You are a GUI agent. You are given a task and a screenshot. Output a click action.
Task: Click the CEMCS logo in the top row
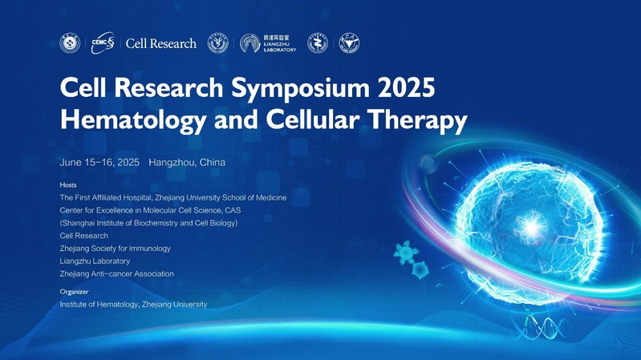point(103,43)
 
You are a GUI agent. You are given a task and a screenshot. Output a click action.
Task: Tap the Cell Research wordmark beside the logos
point(161,43)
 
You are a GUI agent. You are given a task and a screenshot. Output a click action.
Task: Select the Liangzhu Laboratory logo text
point(280,43)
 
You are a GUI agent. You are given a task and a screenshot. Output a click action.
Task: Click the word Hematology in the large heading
point(133,121)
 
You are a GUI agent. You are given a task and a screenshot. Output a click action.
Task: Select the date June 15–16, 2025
point(99,162)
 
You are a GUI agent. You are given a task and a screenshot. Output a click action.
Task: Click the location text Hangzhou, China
point(187,162)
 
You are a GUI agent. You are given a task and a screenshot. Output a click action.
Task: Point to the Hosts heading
point(68,185)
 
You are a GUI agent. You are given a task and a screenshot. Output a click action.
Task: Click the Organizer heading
point(74,292)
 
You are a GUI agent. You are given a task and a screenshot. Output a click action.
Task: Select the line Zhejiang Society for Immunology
point(115,249)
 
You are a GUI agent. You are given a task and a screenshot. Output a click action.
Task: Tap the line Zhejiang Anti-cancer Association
point(116,273)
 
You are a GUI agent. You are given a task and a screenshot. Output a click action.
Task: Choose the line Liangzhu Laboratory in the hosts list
point(95,261)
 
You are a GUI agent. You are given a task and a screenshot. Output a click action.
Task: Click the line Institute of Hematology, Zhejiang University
point(133,305)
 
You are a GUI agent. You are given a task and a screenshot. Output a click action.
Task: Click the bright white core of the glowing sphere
point(531,226)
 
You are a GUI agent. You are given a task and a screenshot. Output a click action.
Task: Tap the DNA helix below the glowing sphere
point(542,327)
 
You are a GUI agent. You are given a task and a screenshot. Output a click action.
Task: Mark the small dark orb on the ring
point(428,164)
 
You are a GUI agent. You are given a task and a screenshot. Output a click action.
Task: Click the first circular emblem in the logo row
point(70,43)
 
